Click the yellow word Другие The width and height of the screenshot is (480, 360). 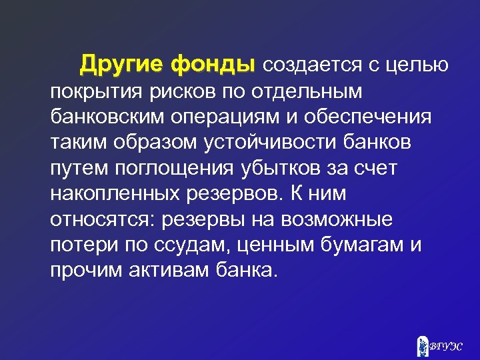click(123, 65)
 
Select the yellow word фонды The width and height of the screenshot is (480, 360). click(213, 65)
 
